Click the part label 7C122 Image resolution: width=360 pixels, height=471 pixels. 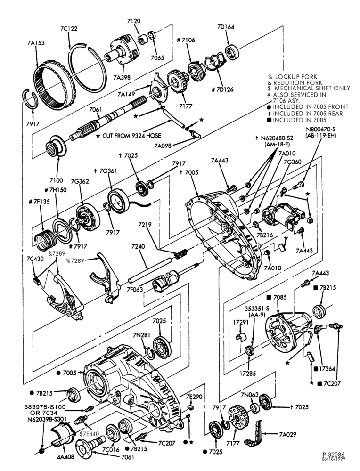coord(68,29)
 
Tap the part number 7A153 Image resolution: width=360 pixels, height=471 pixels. coord(35,43)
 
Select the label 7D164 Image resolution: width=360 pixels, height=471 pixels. coord(226,27)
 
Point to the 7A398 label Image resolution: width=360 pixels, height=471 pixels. coord(122,77)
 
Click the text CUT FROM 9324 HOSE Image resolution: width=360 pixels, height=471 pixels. coord(131,136)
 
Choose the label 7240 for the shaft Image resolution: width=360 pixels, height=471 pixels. coord(138,247)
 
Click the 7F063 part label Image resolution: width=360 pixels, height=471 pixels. coord(135,290)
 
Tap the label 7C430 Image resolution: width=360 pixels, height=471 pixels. coord(35,259)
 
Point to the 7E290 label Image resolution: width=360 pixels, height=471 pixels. coord(193,397)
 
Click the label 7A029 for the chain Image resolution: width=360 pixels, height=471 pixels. coord(287,434)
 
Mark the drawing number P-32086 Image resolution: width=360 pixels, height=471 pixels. coord(334,455)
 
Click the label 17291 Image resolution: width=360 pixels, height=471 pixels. coord(240,322)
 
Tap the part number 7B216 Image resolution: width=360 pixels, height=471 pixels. coord(265,235)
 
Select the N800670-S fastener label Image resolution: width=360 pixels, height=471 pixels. coord(320,130)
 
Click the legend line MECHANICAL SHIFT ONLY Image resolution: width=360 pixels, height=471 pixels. coord(312,89)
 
